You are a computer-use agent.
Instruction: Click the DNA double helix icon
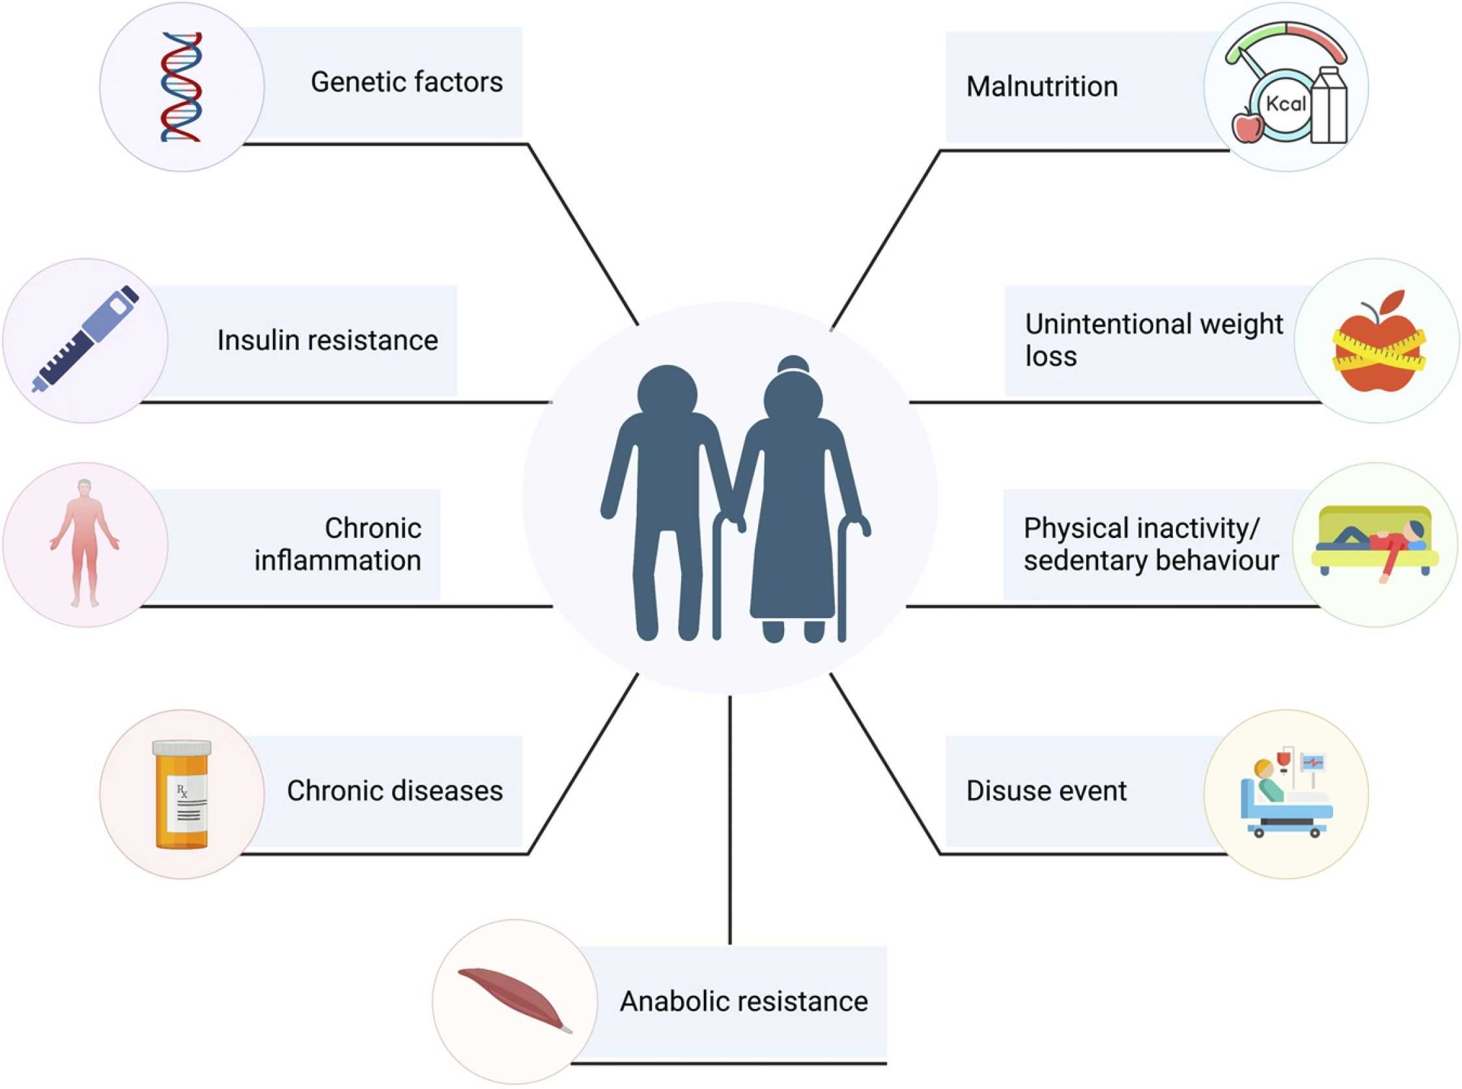[180, 87]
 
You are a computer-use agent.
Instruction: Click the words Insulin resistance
[327, 341]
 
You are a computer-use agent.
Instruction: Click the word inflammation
[337, 561]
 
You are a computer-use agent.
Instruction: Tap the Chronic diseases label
[394, 791]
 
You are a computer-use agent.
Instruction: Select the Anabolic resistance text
[743, 1001]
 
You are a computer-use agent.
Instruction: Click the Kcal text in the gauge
[1286, 104]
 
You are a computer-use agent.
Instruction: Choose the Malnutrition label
[1041, 87]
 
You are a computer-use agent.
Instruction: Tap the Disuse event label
[1046, 791]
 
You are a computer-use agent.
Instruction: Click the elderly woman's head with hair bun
[793, 395]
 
